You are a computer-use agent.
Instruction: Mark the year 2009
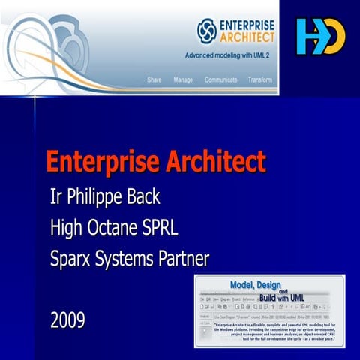(67, 321)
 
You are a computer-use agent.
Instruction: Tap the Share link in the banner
(154, 79)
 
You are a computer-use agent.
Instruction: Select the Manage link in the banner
(183, 79)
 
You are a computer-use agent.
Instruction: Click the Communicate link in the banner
(221, 79)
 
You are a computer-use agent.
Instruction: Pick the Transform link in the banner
(260, 79)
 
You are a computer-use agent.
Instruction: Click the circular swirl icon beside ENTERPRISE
(206, 29)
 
